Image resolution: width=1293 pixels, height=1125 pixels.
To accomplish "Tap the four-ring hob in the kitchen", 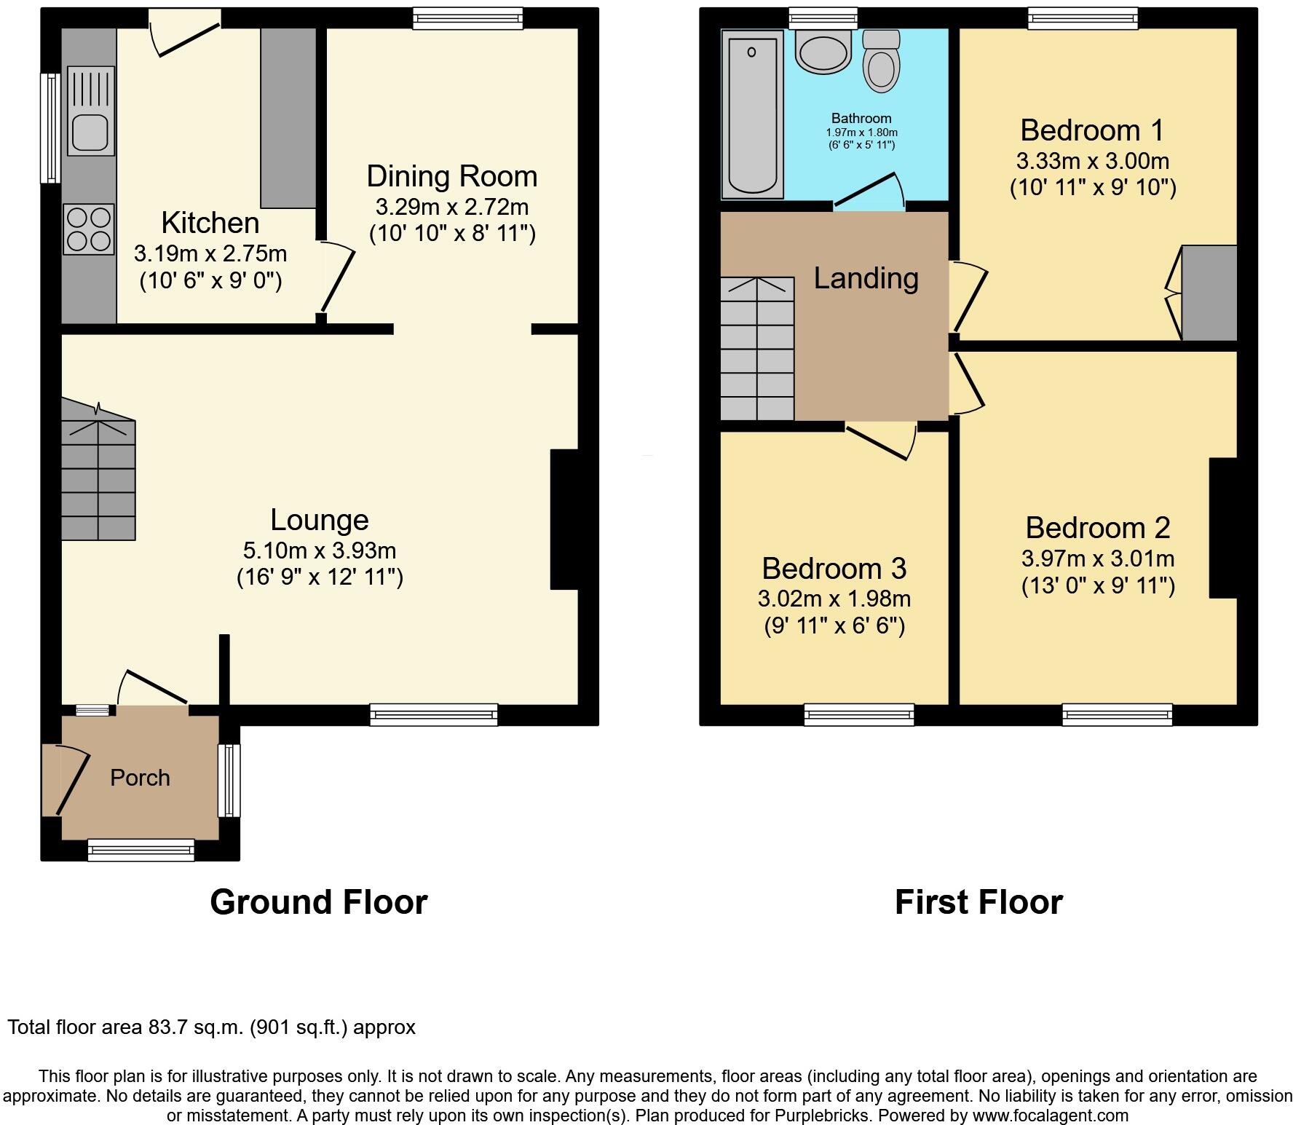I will tap(89, 229).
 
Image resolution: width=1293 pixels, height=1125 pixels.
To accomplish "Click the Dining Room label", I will tap(451, 176).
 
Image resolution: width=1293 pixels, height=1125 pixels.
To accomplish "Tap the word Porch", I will tap(140, 778).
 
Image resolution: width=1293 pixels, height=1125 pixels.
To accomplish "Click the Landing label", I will tap(866, 278).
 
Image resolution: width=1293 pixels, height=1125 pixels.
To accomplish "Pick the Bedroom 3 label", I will tap(834, 568).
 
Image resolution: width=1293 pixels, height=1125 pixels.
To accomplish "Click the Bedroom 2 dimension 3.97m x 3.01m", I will tap(1097, 558).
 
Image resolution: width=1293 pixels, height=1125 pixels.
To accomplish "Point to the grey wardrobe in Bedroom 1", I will tap(1209, 293).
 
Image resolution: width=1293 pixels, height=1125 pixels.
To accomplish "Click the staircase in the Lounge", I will tap(98, 481).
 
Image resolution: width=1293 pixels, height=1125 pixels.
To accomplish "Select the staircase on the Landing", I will tap(757, 350).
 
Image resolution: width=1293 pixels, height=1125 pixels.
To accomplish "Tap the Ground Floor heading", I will tap(318, 902).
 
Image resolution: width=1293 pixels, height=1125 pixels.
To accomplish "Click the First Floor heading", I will tap(978, 902).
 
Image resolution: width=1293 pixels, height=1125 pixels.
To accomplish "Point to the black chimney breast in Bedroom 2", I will tap(1223, 528).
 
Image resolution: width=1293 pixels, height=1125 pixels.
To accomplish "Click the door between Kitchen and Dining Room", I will tap(336, 280).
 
